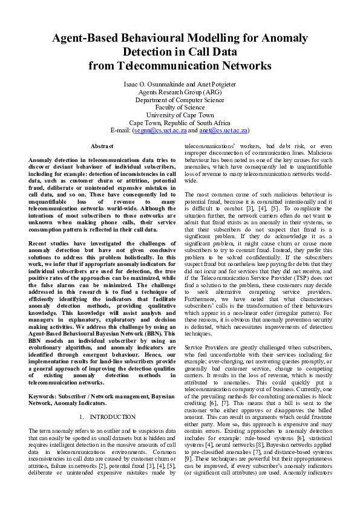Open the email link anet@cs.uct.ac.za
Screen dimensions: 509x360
(x=223, y=131)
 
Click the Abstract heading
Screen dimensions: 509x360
(x=102, y=146)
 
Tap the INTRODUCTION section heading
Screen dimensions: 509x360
(x=113, y=417)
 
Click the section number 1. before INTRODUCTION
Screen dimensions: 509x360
(x=82, y=417)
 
